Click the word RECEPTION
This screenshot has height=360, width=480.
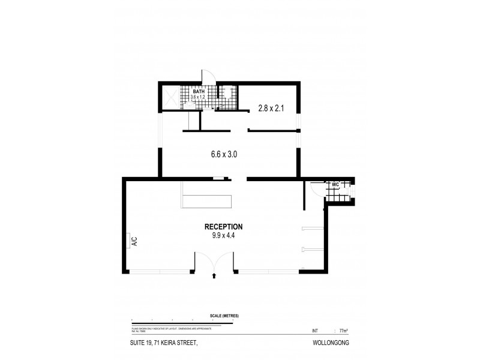pyautogui.click(x=223, y=227)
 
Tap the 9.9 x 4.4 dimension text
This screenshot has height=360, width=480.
pyautogui.click(x=223, y=236)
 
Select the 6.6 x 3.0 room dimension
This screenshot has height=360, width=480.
pyautogui.click(x=224, y=154)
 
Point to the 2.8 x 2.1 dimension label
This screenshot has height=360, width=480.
pyautogui.click(x=270, y=109)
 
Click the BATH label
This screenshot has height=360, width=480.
pyautogui.click(x=198, y=91)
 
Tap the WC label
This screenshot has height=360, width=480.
pyautogui.click(x=335, y=184)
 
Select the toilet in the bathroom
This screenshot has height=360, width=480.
pyautogui.click(x=227, y=95)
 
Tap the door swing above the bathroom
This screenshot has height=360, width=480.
pyautogui.click(x=208, y=77)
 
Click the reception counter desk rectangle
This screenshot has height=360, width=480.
pyautogui.click(x=207, y=200)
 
